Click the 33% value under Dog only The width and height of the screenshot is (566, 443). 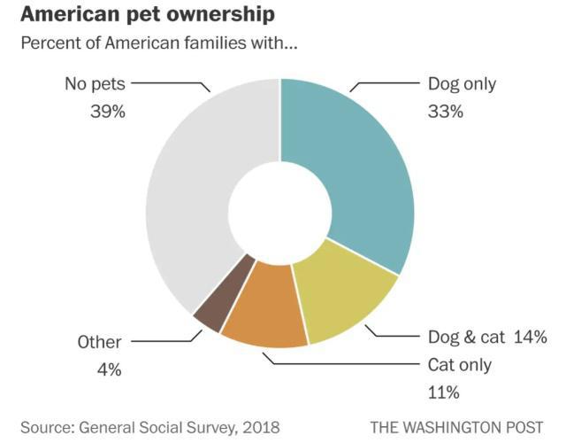point(447,113)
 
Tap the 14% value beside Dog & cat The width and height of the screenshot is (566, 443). point(530,337)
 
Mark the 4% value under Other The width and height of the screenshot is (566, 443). point(109,369)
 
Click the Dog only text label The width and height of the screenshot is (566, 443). point(462,85)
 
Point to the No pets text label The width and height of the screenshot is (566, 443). point(95,85)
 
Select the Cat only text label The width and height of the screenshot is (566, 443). point(460,365)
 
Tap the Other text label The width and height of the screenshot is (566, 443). point(99,342)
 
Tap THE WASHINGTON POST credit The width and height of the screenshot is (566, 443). point(456,428)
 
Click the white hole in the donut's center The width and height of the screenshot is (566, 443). point(281,211)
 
